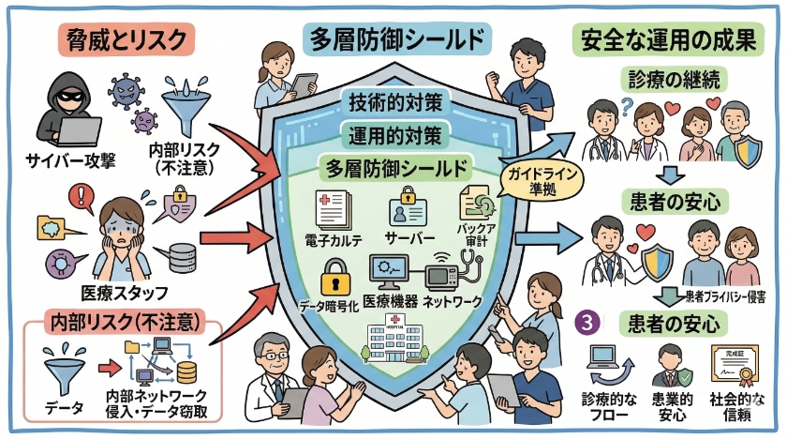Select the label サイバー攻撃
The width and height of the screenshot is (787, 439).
click(x=72, y=158)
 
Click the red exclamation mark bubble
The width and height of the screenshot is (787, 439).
click(x=82, y=196)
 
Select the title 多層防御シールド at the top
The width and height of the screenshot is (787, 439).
click(x=398, y=39)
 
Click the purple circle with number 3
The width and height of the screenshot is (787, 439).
click(x=587, y=321)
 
